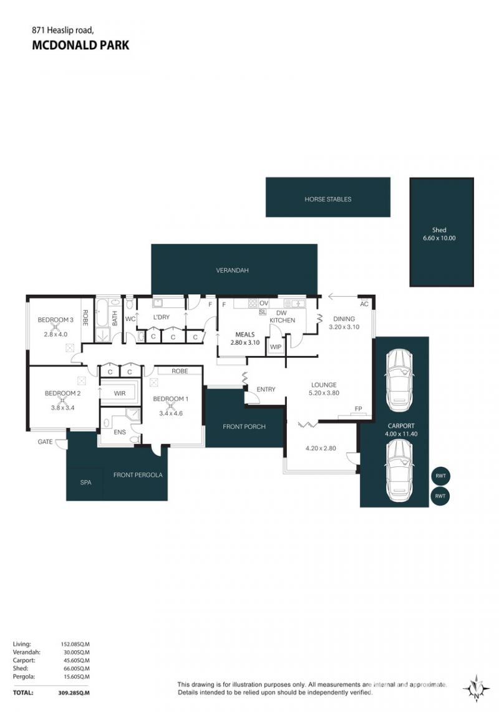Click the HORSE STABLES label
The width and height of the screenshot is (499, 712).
click(327, 199)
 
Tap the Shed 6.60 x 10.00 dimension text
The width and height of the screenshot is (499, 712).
click(439, 238)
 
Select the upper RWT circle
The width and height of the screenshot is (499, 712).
click(440, 476)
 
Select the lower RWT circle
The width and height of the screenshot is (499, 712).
click(440, 496)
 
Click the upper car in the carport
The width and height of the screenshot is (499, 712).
click(399, 380)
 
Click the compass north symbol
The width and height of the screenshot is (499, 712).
click(476, 689)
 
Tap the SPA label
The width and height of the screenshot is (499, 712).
click(86, 482)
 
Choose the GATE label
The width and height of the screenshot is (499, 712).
click(45, 441)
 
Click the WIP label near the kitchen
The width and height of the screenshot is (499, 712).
click(276, 347)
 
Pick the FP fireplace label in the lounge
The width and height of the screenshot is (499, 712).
click(358, 408)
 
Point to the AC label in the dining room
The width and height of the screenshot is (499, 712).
click(364, 304)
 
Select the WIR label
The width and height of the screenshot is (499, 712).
click(120, 393)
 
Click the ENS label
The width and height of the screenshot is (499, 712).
click(120, 432)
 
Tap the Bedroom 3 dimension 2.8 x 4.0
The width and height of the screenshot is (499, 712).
click(56, 334)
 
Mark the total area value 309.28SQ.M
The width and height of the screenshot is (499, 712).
click(74, 693)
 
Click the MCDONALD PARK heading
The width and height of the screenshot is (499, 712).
click(80, 45)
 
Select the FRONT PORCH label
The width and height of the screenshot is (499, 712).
click(244, 426)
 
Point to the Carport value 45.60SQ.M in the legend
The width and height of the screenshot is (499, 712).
click(75, 660)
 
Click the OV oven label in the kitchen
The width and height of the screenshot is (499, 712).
click(264, 304)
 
